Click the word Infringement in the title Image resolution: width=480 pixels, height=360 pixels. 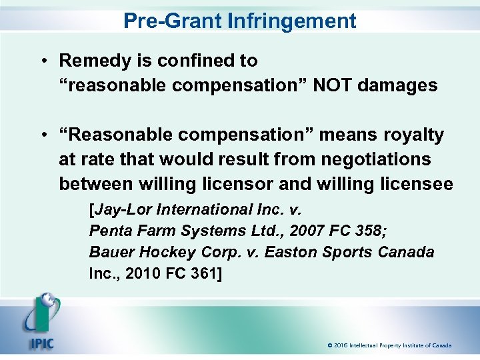tap(292, 21)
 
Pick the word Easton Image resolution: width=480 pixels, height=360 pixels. tap(292, 253)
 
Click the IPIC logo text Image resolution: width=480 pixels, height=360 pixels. tap(41, 345)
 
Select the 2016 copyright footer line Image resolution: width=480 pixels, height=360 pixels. tap(389, 345)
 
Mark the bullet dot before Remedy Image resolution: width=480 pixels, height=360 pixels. tap(42, 61)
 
